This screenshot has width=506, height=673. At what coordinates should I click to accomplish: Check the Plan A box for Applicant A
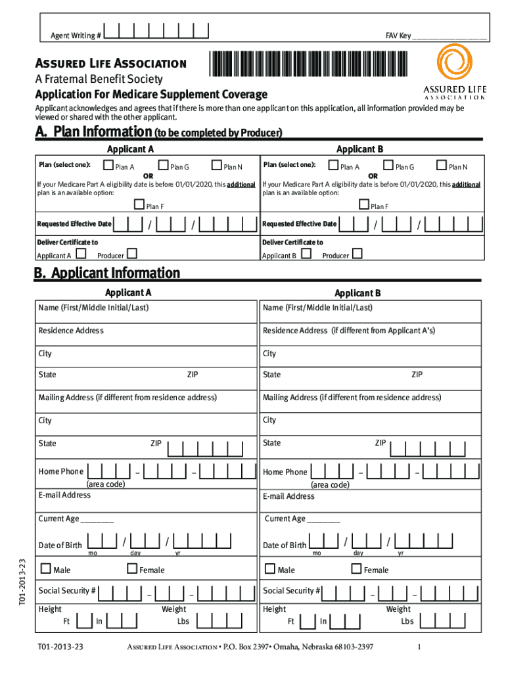click(110, 166)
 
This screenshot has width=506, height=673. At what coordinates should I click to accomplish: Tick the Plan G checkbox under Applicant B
click(388, 166)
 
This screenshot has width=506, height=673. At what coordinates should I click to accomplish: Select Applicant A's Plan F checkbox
click(139, 205)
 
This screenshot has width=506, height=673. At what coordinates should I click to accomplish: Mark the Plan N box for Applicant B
click(442, 166)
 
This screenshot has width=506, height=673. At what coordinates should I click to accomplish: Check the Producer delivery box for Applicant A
click(132, 254)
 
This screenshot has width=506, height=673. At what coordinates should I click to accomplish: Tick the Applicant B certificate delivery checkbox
click(306, 254)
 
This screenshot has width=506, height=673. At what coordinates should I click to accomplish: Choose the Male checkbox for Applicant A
click(46, 569)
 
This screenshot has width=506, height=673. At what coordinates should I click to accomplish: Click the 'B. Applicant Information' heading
click(107, 273)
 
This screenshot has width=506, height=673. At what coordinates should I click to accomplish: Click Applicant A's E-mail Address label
click(64, 495)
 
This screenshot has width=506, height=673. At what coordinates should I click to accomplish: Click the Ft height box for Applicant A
click(83, 620)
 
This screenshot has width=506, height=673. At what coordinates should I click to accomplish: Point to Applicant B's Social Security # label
click(292, 591)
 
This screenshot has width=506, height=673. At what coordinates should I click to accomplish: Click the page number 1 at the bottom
click(419, 647)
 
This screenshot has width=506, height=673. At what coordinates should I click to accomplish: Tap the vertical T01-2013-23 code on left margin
click(22, 582)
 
